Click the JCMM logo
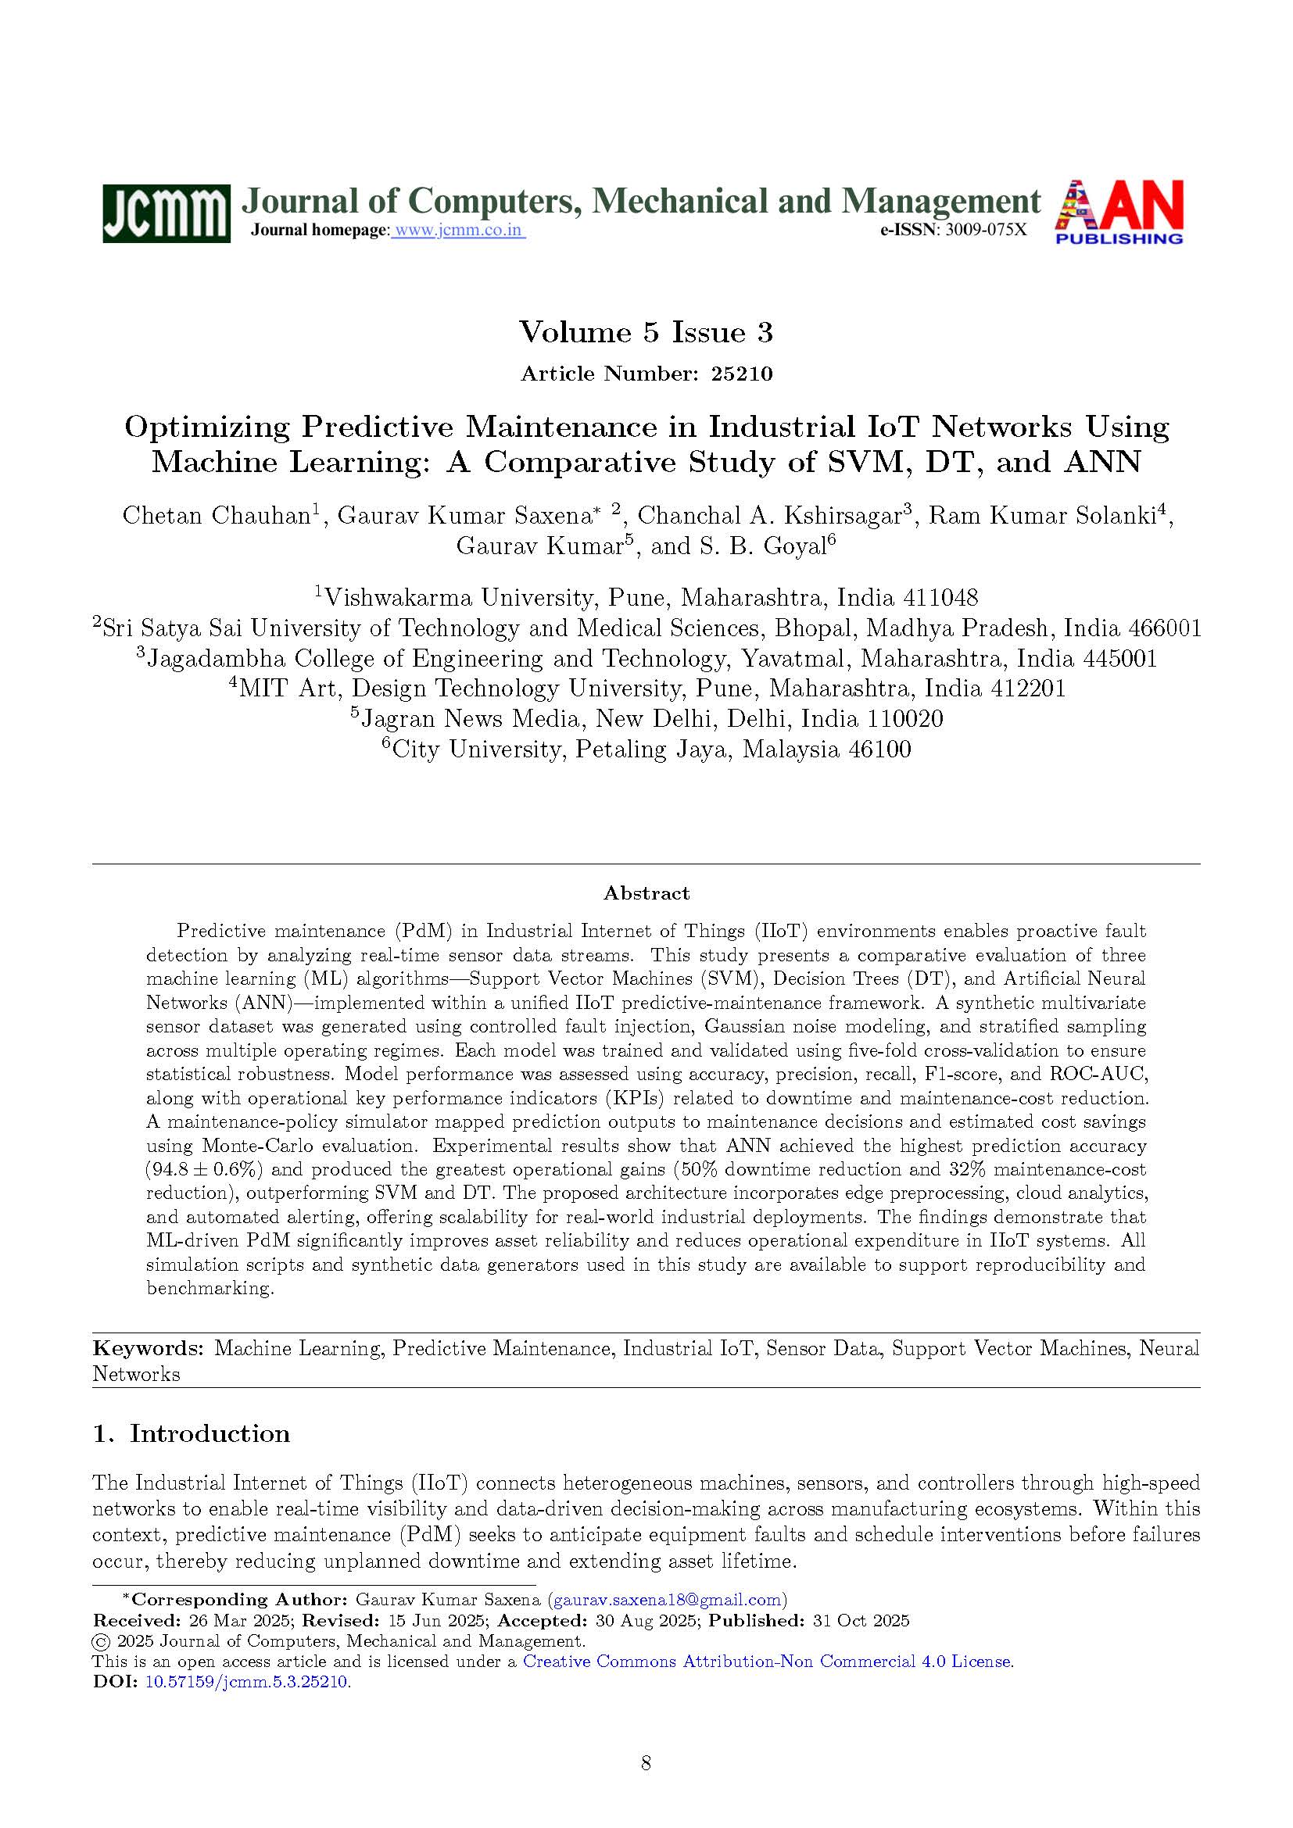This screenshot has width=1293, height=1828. click(x=166, y=213)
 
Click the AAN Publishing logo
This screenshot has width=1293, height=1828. click(x=1119, y=212)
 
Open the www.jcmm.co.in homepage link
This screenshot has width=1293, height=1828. click(x=459, y=231)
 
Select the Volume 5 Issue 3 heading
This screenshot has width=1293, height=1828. click(x=646, y=332)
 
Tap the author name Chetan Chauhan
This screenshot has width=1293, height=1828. click(x=215, y=516)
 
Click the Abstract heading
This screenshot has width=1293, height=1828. click(x=646, y=893)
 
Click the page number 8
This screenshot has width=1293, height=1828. click(x=646, y=1762)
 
